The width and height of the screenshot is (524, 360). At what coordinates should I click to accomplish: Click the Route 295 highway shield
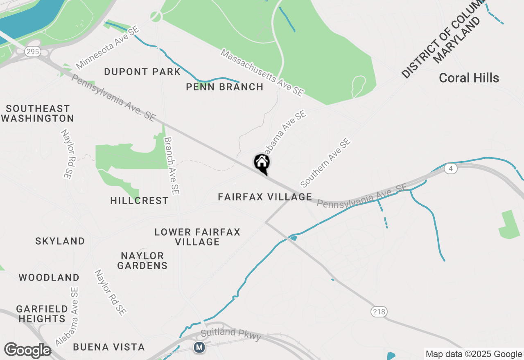click(x=31, y=52)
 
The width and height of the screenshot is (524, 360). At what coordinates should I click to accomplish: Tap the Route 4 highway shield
click(x=450, y=169)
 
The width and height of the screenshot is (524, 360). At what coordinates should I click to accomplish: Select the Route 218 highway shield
click(x=379, y=312)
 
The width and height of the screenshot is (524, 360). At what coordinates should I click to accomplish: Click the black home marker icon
click(x=262, y=163)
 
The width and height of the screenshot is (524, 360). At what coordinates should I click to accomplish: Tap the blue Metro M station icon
click(x=199, y=347)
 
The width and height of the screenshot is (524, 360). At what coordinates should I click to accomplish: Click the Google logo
click(x=27, y=351)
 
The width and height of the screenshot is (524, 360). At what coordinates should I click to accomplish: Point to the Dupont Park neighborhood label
click(x=142, y=72)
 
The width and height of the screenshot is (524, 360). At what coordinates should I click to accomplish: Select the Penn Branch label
click(x=224, y=87)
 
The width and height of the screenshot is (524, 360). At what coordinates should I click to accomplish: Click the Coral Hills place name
click(x=469, y=78)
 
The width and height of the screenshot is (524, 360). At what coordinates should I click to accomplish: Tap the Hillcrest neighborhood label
click(x=139, y=200)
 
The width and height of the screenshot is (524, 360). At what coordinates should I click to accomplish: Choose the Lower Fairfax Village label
click(x=197, y=237)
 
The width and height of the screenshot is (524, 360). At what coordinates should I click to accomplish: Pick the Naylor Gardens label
click(x=142, y=261)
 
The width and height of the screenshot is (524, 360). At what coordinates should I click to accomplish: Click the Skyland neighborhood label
click(x=60, y=241)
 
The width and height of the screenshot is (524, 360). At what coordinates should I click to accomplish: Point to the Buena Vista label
click(x=109, y=347)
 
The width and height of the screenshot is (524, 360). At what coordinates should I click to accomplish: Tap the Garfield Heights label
click(x=42, y=313)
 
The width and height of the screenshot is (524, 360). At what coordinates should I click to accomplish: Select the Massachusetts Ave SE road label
click(x=262, y=72)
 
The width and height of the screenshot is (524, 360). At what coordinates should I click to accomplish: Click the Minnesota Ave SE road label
click(x=108, y=48)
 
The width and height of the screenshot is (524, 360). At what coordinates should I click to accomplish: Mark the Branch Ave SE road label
click(x=172, y=166)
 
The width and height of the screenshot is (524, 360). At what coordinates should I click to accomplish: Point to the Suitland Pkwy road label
click(x=230, y=334)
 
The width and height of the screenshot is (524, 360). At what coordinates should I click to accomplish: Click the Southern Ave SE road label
click(x=325, y=163)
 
